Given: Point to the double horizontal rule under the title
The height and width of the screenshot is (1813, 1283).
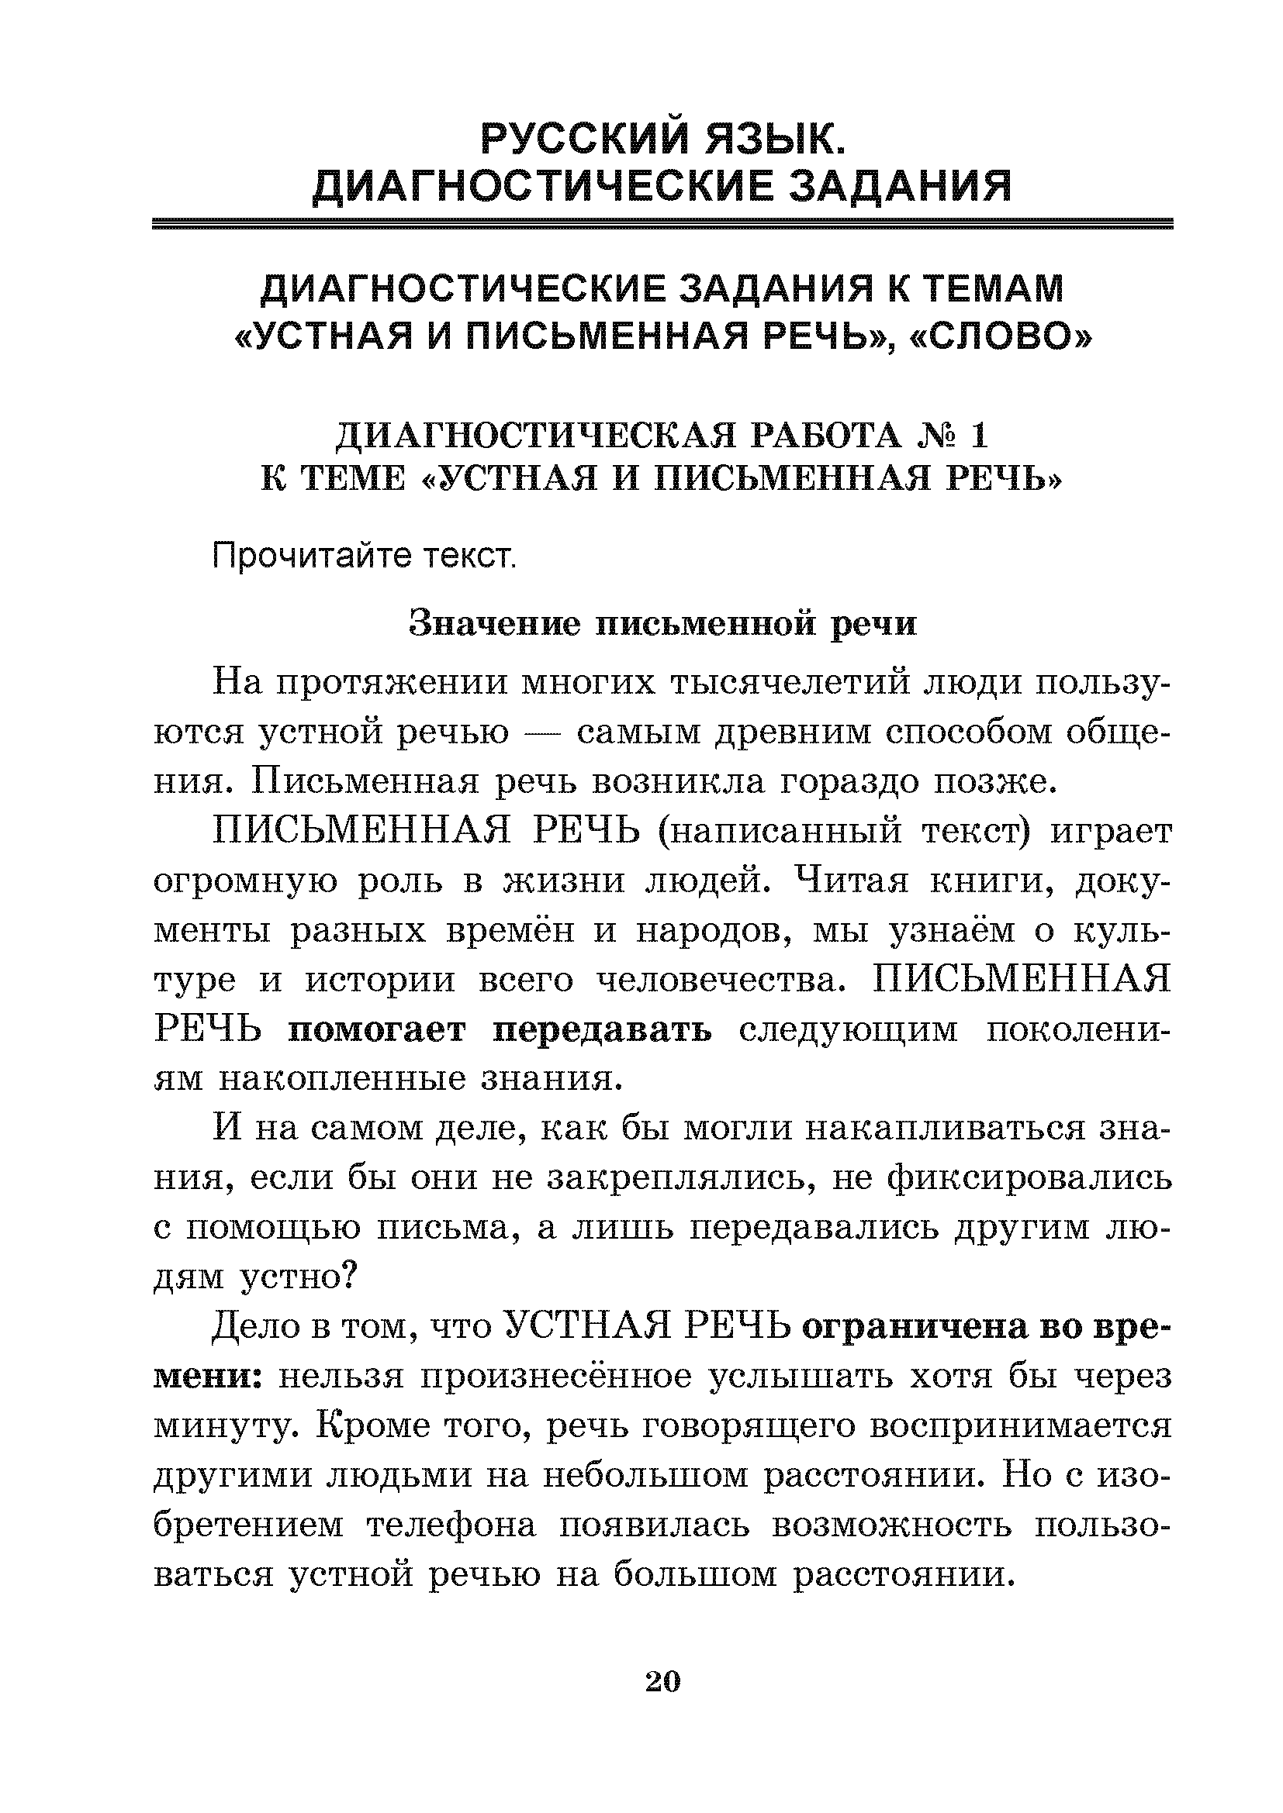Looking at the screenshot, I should [x=662, y=224].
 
